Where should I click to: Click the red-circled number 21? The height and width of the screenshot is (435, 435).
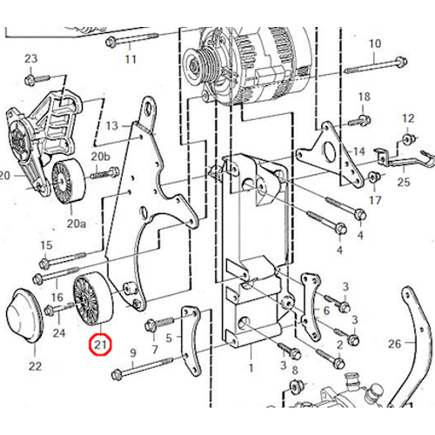100,345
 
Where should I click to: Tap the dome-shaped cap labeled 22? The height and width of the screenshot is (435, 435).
24,316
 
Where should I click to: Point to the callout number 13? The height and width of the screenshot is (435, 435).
112,126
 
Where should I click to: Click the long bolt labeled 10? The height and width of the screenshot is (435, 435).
376,66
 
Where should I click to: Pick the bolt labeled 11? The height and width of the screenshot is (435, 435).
132,39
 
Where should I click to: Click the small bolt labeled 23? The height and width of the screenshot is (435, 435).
37,79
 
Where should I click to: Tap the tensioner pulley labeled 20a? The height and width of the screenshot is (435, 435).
69,181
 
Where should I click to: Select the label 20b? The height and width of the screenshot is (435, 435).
101,157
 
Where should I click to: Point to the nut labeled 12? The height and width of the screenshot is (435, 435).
407,139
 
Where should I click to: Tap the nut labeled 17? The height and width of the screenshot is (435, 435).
373,177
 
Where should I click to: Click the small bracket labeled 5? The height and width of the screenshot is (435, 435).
190,340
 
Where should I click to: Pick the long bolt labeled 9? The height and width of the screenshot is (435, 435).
142,367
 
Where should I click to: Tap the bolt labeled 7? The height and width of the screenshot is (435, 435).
159,324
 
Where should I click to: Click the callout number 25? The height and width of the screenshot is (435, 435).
404,182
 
